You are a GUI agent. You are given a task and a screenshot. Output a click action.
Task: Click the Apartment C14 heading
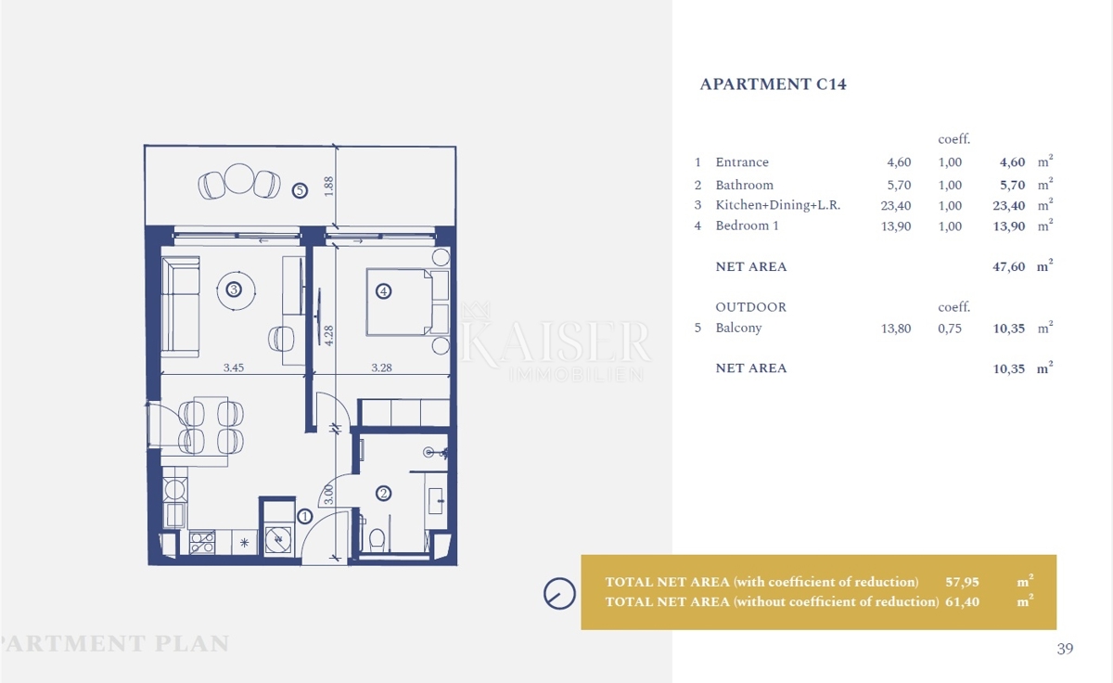tap(773, 84)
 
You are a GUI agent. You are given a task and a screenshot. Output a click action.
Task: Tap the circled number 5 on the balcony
tap(300, 190)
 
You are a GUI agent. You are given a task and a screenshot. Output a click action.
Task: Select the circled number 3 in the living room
tap(234, 290)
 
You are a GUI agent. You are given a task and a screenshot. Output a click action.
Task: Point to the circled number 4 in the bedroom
tap(383, 291)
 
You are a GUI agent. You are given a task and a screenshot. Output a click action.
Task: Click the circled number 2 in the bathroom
tap(383, 493)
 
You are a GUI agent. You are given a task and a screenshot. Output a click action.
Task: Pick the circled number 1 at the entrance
tap(304, 517)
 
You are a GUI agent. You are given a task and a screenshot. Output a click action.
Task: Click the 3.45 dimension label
tap(234, 367)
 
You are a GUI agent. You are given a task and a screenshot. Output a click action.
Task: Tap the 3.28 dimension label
tap(381, 367)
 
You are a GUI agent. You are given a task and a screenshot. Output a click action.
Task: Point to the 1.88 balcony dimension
tap(328, 187)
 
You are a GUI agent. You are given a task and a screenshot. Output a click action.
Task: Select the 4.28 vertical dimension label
tap(328, 336)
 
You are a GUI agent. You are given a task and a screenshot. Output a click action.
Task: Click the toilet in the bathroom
tap(377, 540)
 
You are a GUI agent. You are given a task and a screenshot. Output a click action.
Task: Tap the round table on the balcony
tap(239, 178)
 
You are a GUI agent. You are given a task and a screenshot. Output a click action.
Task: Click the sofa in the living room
tap(180, 307)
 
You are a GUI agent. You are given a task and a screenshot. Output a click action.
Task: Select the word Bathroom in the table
tap(744, 185)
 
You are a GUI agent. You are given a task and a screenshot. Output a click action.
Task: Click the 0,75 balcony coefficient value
tap(950, 329)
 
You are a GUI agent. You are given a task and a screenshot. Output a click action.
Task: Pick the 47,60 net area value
tap(1009, 267)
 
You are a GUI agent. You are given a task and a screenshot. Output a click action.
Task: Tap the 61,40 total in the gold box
tap(963, 602)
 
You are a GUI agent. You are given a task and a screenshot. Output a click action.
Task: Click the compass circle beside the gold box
tap(559, 594)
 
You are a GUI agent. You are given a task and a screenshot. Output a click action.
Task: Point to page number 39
tap(1065, 649)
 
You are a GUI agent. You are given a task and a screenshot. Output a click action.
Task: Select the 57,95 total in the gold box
tap(963, 582)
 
